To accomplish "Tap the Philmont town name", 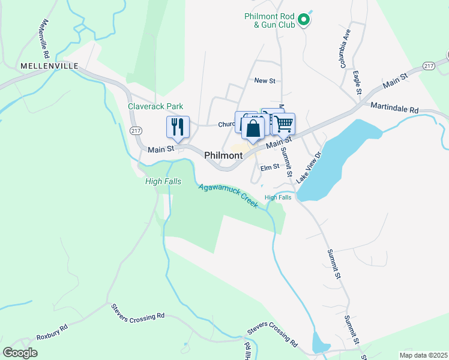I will pos(223,155).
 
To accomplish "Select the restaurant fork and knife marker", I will pos(178,127).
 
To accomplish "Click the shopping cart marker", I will pos(284,124).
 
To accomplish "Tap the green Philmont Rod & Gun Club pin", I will pos(304,20).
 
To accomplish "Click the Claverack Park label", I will pos(155,106).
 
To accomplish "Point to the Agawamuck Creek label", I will pos(229,196).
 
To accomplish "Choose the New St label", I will pos(264,80).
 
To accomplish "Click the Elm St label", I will pos(270,167).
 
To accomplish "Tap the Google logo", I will pos(20,353).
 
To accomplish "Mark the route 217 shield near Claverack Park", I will pos(135,131).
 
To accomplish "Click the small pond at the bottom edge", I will pos(321,346).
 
